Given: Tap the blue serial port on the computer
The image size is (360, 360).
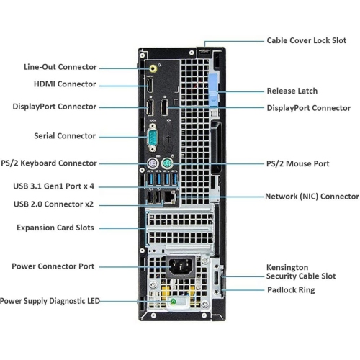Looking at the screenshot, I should pyautogui.click(x=153, y=138).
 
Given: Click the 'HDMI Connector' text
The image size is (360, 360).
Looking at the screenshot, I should pyautogui.click(x=65, y=84).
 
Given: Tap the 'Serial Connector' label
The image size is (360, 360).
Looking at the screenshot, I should pyautogui.click(x=64, y=135).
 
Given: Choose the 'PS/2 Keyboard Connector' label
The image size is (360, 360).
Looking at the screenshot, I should pyautogui.click(x=58, y=163).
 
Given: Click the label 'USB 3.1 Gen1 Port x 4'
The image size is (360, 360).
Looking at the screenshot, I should pyautogui.click(x=63, y=186).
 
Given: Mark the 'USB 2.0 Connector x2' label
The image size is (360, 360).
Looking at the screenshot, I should pyautogui.click(x=63, y=204).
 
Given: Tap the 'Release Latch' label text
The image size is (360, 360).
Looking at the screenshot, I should pyautogui.click(x=292, y=91).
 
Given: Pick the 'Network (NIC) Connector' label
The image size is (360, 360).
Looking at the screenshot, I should pyautogui.click(x=312, y=196).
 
